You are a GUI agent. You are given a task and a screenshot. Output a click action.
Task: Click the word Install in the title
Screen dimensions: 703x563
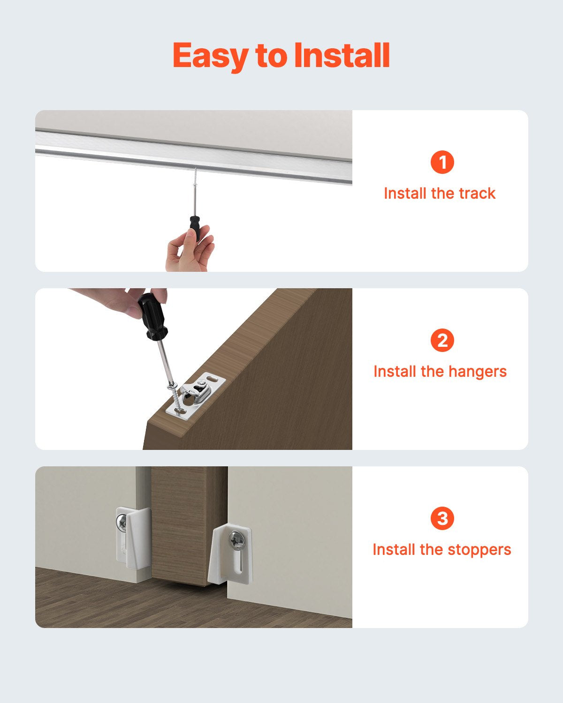[342, 56]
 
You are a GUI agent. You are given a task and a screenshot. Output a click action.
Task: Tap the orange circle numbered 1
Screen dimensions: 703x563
[442, 163]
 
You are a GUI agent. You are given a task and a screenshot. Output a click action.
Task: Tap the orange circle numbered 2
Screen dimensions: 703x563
[442, 341]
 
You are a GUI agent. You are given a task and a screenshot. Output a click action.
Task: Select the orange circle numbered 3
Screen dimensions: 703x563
[442, 519]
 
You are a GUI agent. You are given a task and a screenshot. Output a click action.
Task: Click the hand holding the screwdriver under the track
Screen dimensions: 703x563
[188, 253]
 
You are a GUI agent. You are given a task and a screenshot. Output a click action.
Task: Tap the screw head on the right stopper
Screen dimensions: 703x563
[236, 541]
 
